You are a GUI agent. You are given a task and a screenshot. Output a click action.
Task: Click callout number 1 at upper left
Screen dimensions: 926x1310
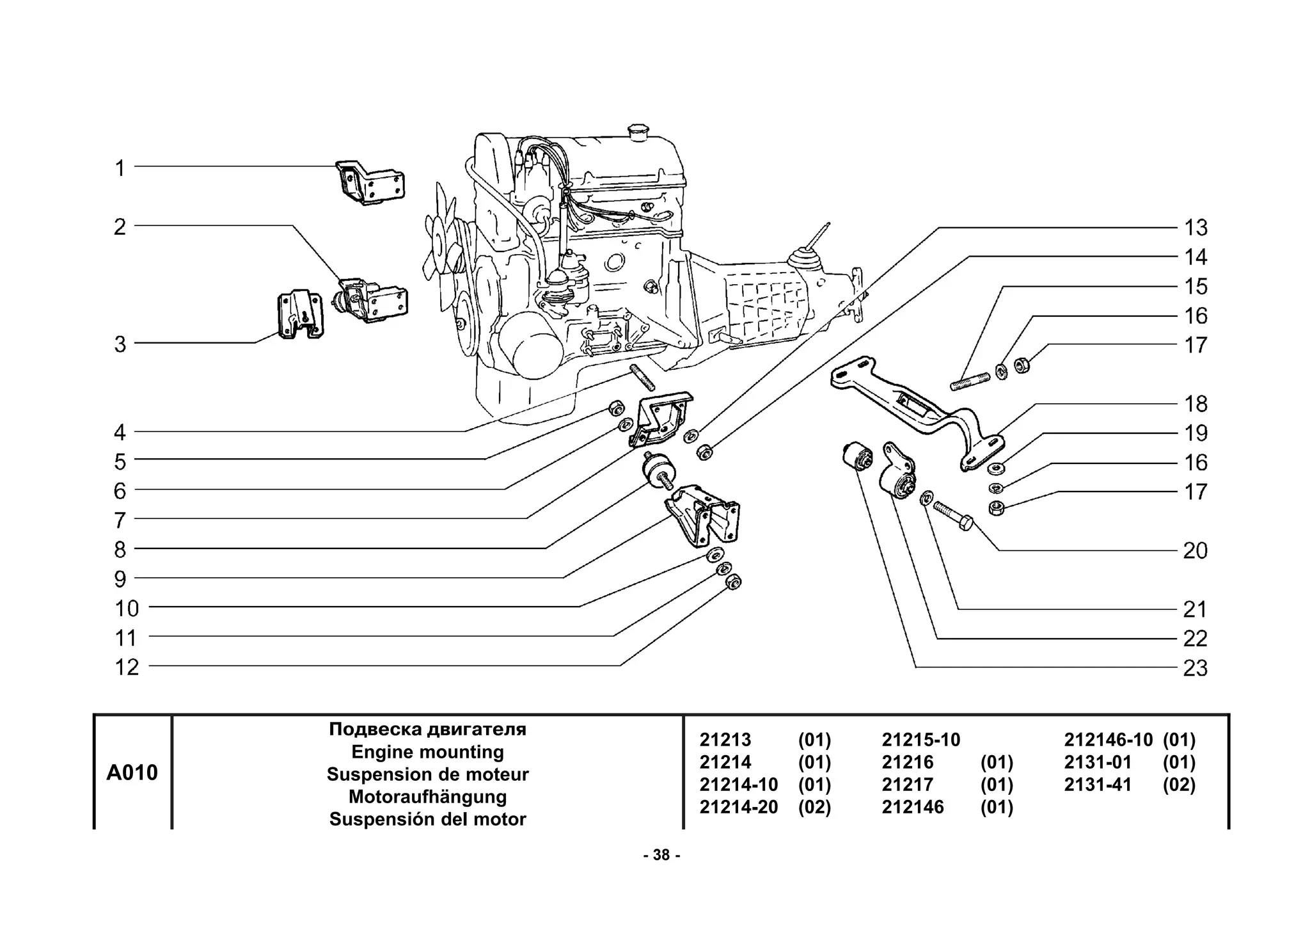(120, 168)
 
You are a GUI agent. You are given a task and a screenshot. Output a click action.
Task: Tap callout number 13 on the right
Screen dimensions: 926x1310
(1195, 228)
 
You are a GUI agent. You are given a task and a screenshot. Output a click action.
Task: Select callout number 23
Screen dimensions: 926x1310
(1195, 668)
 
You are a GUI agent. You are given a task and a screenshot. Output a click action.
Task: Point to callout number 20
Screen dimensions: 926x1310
(1195, 550)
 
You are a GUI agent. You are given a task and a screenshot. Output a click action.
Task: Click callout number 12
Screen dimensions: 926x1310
(127, 667)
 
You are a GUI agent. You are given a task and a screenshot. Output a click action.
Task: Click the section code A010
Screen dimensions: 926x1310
(132, 772)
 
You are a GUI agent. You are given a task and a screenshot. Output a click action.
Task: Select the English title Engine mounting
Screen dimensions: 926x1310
(427, 751)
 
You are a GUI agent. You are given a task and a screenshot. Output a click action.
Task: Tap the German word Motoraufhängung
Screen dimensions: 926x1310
(427, 797)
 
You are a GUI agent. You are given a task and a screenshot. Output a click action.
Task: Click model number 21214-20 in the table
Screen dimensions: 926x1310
(738, 807)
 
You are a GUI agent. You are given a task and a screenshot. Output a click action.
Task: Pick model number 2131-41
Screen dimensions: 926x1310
(1098, 785)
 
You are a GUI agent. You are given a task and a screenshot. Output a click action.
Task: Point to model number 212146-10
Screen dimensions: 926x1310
(1108, 740)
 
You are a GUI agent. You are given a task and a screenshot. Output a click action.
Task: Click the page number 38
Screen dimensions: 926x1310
(661, 855)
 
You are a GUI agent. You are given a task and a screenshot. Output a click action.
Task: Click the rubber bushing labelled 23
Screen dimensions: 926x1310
(857, 456)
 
